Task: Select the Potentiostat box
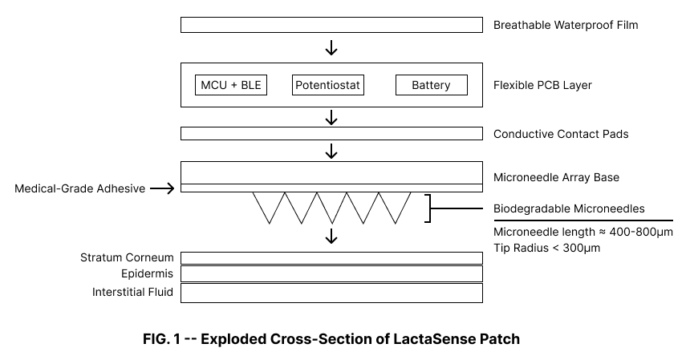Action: [328, 85]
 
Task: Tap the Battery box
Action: [431, 85]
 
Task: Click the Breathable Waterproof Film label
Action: [566, 25]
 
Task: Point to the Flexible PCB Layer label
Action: [542, 85]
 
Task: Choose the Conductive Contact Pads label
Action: [561, 134]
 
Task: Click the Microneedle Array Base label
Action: [556, 177]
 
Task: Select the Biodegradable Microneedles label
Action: [569, 208]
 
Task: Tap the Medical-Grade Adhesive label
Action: [80, 189]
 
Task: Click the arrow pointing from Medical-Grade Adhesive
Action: [161, 188]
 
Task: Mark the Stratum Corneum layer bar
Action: [331, 257]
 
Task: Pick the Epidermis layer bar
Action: [331, 274]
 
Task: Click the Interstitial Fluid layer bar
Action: [331, 293]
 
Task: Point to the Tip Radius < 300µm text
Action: [546, 249]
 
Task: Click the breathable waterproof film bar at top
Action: [331, 25]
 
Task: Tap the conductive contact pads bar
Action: [331, 133]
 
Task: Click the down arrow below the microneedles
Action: [331, 237]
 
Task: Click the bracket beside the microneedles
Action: [428, 208]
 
